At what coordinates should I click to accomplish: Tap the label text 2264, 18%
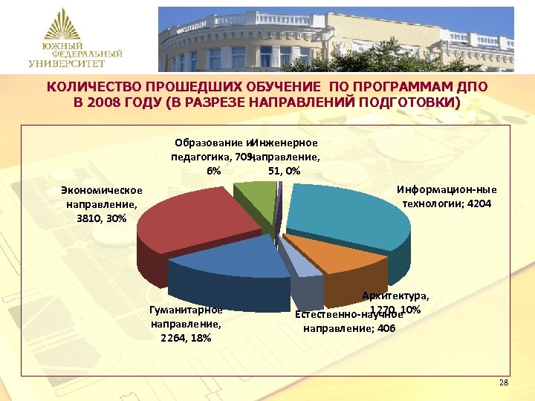[186, 338]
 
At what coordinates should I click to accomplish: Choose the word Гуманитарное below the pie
[186, 310]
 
